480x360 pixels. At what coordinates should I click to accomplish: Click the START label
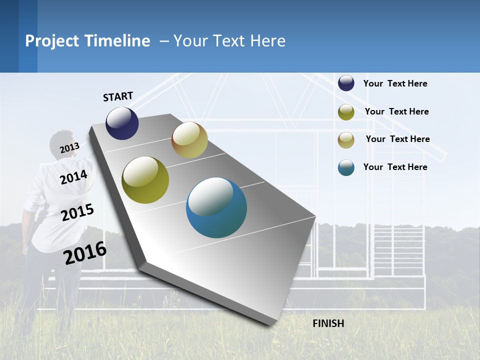pyautogui.click(x=118, y=96)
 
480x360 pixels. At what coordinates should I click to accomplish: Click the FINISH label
pyautogui.click(x=328, y=323)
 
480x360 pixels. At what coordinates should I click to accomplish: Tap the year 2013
pyautogui.click(x=69, y=147)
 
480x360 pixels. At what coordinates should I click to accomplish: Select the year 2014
pyautogui.click(x=73, y=177)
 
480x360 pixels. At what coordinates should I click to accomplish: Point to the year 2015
pyautogui.click(x=77, y=212)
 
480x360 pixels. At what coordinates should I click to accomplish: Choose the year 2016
pyautogui.click(x=85, y=252)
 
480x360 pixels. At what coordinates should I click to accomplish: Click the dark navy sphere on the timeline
pyautogui.click(x=122, y=123)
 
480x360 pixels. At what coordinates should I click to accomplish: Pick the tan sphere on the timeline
pyautogui.click(x=189, y=140)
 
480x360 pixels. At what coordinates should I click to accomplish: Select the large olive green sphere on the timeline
pyautogui.click(x=145, y=180)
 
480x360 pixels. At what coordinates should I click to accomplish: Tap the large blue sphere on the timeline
pyautogui.click(x=216, y=207)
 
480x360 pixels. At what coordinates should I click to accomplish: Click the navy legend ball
pyautogui.click(x=346, y=83)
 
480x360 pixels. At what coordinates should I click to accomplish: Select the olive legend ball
pyautogui.click(x=346, y=112)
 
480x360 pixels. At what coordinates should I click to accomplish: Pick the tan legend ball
pyautogui.click(x=346, y=140)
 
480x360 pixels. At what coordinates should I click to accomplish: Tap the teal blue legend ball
pyautogui.click(x=346, y=167)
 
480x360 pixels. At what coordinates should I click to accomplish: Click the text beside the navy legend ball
pyautogui.click(x=395, y=83)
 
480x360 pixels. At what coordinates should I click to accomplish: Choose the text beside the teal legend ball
pyautogui.click(x=395, y=167)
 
